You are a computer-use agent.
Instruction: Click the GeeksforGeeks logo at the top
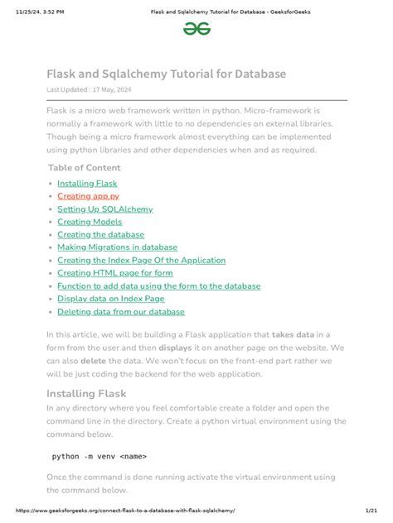coord(196,28)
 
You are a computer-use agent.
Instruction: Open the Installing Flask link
coord(87,184)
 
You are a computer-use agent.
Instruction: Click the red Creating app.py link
coord(88,196)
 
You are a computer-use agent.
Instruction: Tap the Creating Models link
coord(90,222)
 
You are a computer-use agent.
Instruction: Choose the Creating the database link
coord(100,234)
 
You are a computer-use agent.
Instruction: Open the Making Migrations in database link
coord(117,247)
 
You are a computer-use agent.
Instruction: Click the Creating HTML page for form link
coord(114,273)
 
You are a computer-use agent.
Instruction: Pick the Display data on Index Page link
coord(110,299)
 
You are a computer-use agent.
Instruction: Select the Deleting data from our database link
coord(121,312)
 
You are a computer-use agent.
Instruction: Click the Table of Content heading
coord(85,168)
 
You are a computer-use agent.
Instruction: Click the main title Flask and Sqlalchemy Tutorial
coord(166,74)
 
